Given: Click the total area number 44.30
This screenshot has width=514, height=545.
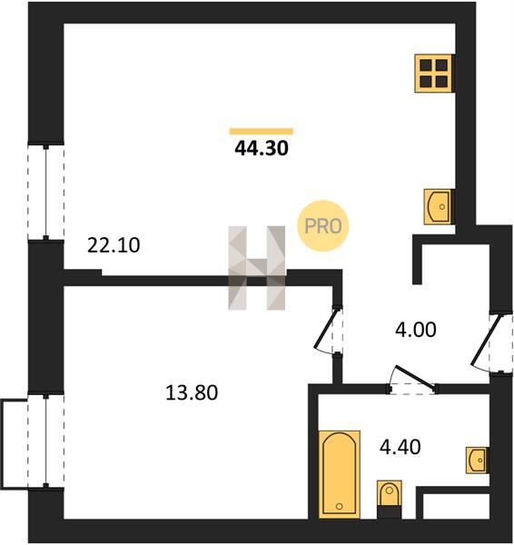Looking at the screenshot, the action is coord(262,148).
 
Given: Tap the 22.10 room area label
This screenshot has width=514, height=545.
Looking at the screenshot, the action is coord(114,245).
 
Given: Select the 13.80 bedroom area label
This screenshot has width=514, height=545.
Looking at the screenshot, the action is coord(192,392).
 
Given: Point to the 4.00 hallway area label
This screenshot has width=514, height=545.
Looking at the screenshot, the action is coord(415,330).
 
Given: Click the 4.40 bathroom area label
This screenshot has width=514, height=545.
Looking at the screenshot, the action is coord(400,447).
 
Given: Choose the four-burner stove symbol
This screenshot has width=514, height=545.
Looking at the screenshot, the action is coord(434,73).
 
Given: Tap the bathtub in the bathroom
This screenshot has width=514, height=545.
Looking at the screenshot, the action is coord(340,475).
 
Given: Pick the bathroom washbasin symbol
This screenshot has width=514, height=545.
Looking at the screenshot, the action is coord(478,461).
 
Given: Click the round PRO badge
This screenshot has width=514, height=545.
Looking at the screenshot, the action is coord(323,226).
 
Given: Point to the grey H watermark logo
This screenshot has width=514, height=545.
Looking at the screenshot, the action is coord(257,268).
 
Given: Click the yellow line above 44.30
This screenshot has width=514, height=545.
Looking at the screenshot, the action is coord(262,131).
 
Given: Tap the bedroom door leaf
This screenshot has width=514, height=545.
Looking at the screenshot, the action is coord(326,329).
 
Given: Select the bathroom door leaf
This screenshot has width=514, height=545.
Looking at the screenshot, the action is coord(415,377).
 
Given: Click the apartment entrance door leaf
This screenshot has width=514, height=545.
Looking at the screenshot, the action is coord(487,340).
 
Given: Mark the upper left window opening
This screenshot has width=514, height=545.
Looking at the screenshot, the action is coord(46,193).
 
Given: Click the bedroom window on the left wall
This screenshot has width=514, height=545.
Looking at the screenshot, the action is coord(46,441).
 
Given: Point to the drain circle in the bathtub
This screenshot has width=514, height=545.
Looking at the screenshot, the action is coord(340,507).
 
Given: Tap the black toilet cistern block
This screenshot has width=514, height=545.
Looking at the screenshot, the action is coord(390,512).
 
